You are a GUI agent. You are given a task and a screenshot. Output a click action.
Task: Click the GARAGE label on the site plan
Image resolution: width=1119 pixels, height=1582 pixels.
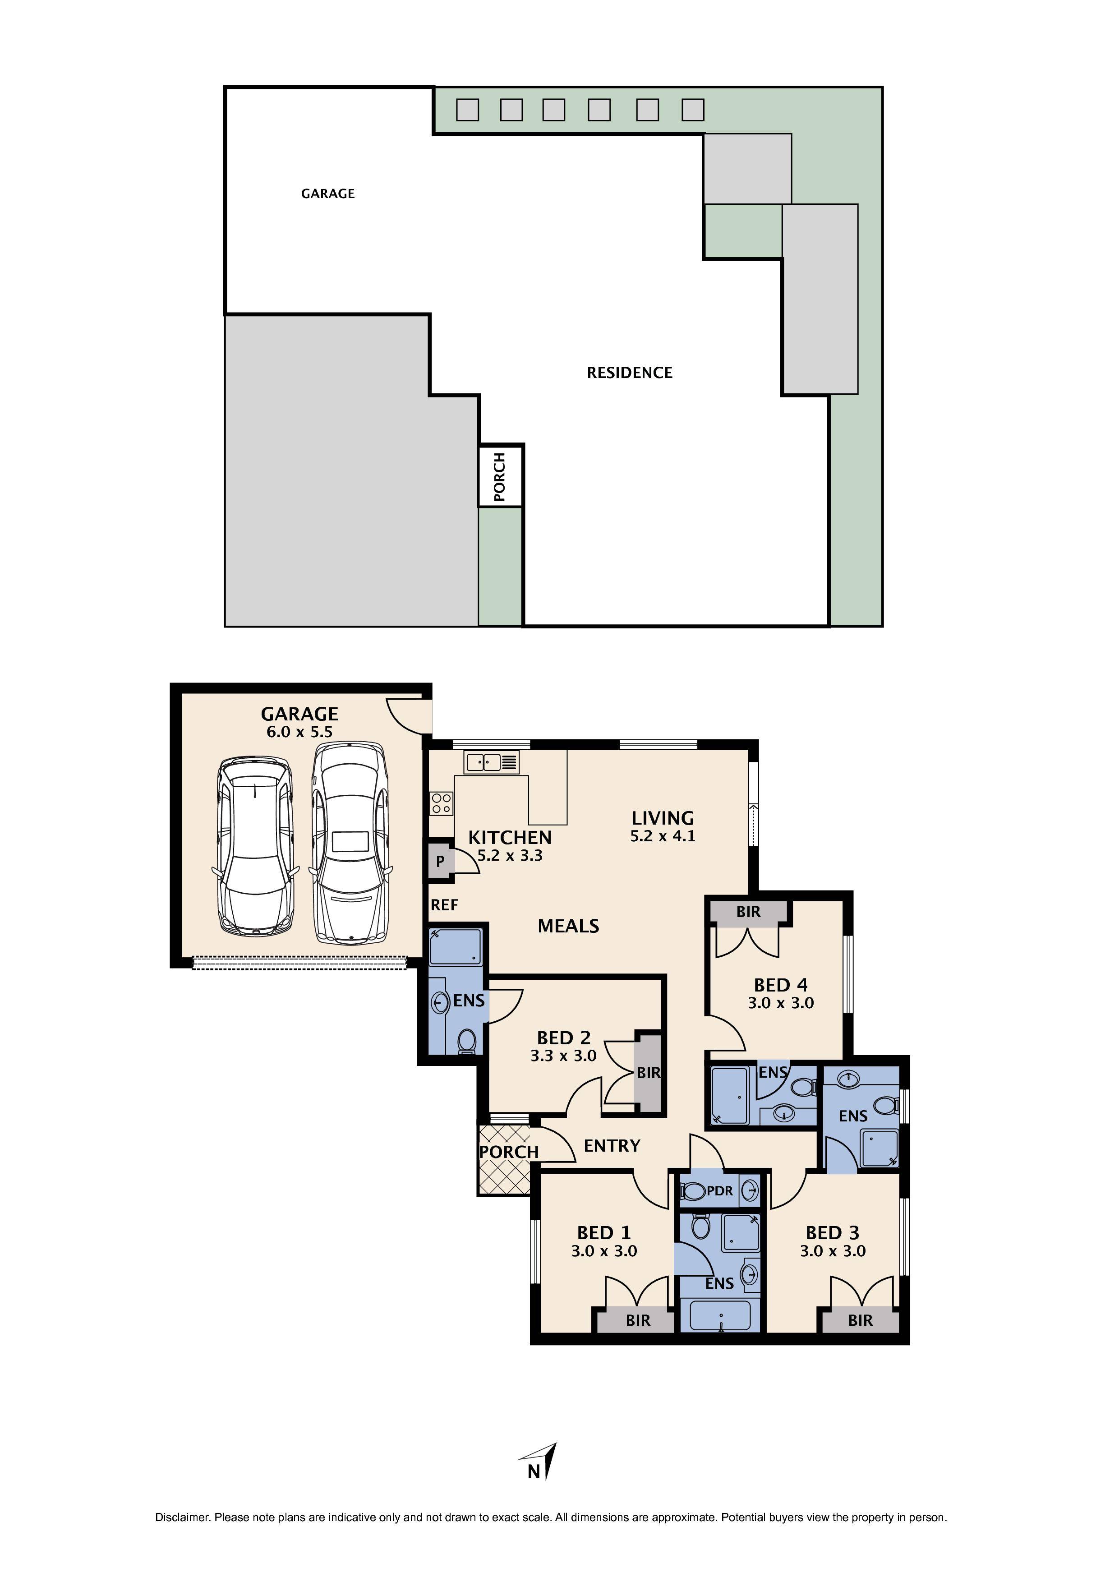tap(328, 194)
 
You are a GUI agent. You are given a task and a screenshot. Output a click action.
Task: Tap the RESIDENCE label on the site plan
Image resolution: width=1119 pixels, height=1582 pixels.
tap(629, 373)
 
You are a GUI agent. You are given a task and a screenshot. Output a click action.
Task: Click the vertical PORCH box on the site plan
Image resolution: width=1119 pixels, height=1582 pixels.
tap(501, 476)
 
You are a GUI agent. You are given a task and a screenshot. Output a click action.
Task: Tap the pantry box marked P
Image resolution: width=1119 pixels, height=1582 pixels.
tap(440, 861)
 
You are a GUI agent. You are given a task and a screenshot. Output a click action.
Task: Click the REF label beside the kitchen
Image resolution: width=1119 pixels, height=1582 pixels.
tap(444, 905)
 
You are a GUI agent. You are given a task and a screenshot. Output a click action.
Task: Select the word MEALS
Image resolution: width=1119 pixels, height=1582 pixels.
tap(568, 926)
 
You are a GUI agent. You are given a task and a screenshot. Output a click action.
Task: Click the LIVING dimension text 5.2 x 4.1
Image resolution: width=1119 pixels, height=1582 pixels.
tap(663, 836)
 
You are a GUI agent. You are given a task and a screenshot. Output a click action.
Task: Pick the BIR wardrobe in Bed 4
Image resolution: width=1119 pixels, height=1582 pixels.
tap(748, 912)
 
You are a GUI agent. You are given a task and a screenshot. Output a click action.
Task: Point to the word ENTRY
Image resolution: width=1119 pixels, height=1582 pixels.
tap(612, 1146)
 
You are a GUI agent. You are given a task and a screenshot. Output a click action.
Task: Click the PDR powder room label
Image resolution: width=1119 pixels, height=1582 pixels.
tap(720, 1190)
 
